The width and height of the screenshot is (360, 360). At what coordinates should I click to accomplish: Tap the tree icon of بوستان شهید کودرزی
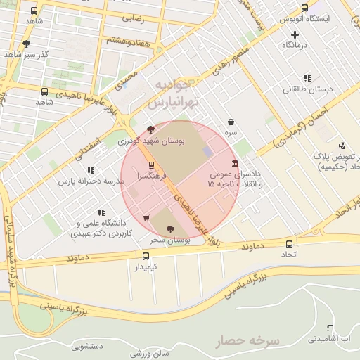pos(150,129)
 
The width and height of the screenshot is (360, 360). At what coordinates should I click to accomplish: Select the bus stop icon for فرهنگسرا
pos(151,165)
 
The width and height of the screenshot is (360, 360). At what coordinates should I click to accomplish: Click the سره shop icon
pos(231,122)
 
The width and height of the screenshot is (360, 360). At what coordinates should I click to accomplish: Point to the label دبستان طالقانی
pos(303,89)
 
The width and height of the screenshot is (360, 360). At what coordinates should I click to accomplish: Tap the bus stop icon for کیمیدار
pos(146,257)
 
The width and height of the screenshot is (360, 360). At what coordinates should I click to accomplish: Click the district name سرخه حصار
pos(247,341)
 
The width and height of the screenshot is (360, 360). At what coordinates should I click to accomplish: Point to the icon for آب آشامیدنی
pos(330,328)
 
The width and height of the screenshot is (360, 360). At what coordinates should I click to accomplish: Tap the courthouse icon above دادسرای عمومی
pos(233,163)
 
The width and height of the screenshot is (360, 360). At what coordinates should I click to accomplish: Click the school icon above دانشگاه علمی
pos(102,212)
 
